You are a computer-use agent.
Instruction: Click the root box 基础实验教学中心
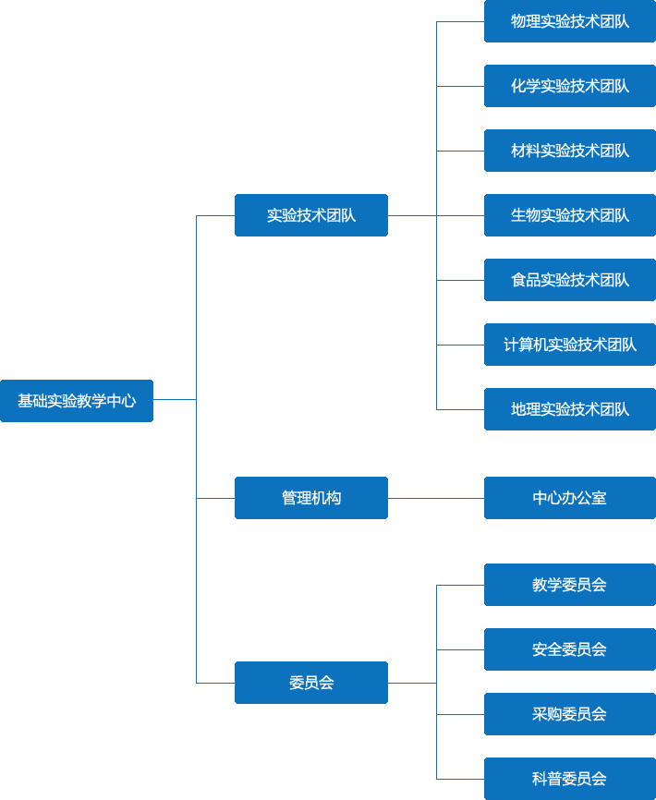pyautogui.click(x=77, y=401)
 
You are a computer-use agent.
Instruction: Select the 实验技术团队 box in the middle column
pyautogui.click(x=311, y=215)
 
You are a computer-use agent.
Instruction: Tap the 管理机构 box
pyautogui.click(x=311, y=498)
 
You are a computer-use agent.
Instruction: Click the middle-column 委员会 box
pyautogui.click(x=311, y=683)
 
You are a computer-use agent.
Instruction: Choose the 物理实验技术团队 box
pyautogui.click(x=570, y=21)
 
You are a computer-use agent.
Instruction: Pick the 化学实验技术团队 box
pyautogui.click(x=570, y=86)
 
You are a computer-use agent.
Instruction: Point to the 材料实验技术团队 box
pyautogui.click(x=570, y=151)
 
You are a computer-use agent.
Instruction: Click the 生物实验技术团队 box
pyautogui.click(x=570, y=215)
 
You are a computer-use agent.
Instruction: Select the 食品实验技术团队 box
pyautogui.click(x=570, y=280)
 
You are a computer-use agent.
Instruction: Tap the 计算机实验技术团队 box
pyautogui.click(x=570, y=345)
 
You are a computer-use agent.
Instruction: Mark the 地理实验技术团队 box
pyautogui.click(x=570, y=409)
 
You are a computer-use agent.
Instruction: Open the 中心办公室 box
pyautogui.click(x=570, y=498)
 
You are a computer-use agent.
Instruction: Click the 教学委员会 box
pyautogui.click(x=570, y=585)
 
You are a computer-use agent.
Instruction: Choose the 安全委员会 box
pyautogui.click(x=570, y=649)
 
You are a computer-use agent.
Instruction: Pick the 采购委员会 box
pyautogui.click(x=570, y=714)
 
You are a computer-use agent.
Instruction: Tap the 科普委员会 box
pyautogui.click(x=570, y=779)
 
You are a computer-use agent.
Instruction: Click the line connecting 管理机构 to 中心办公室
pyautogui.click(x=436, y=498)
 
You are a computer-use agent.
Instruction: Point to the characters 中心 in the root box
pyautogui.click(x=121, y=401)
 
